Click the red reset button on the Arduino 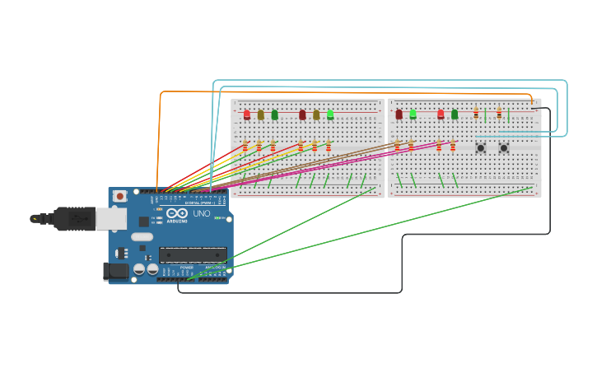point(120,197)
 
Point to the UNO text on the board point(202,213)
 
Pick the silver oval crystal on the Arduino point(142,237)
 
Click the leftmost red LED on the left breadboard point(246,114)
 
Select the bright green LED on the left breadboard point(330,114)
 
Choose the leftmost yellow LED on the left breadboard point(260,114)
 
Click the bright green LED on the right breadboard point(413,114)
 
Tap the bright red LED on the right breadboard point(441,114)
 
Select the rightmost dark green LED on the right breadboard point(454,114)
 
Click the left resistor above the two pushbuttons point(476,114)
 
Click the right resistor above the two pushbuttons point(498,114)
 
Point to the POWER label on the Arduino point(187,267)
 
